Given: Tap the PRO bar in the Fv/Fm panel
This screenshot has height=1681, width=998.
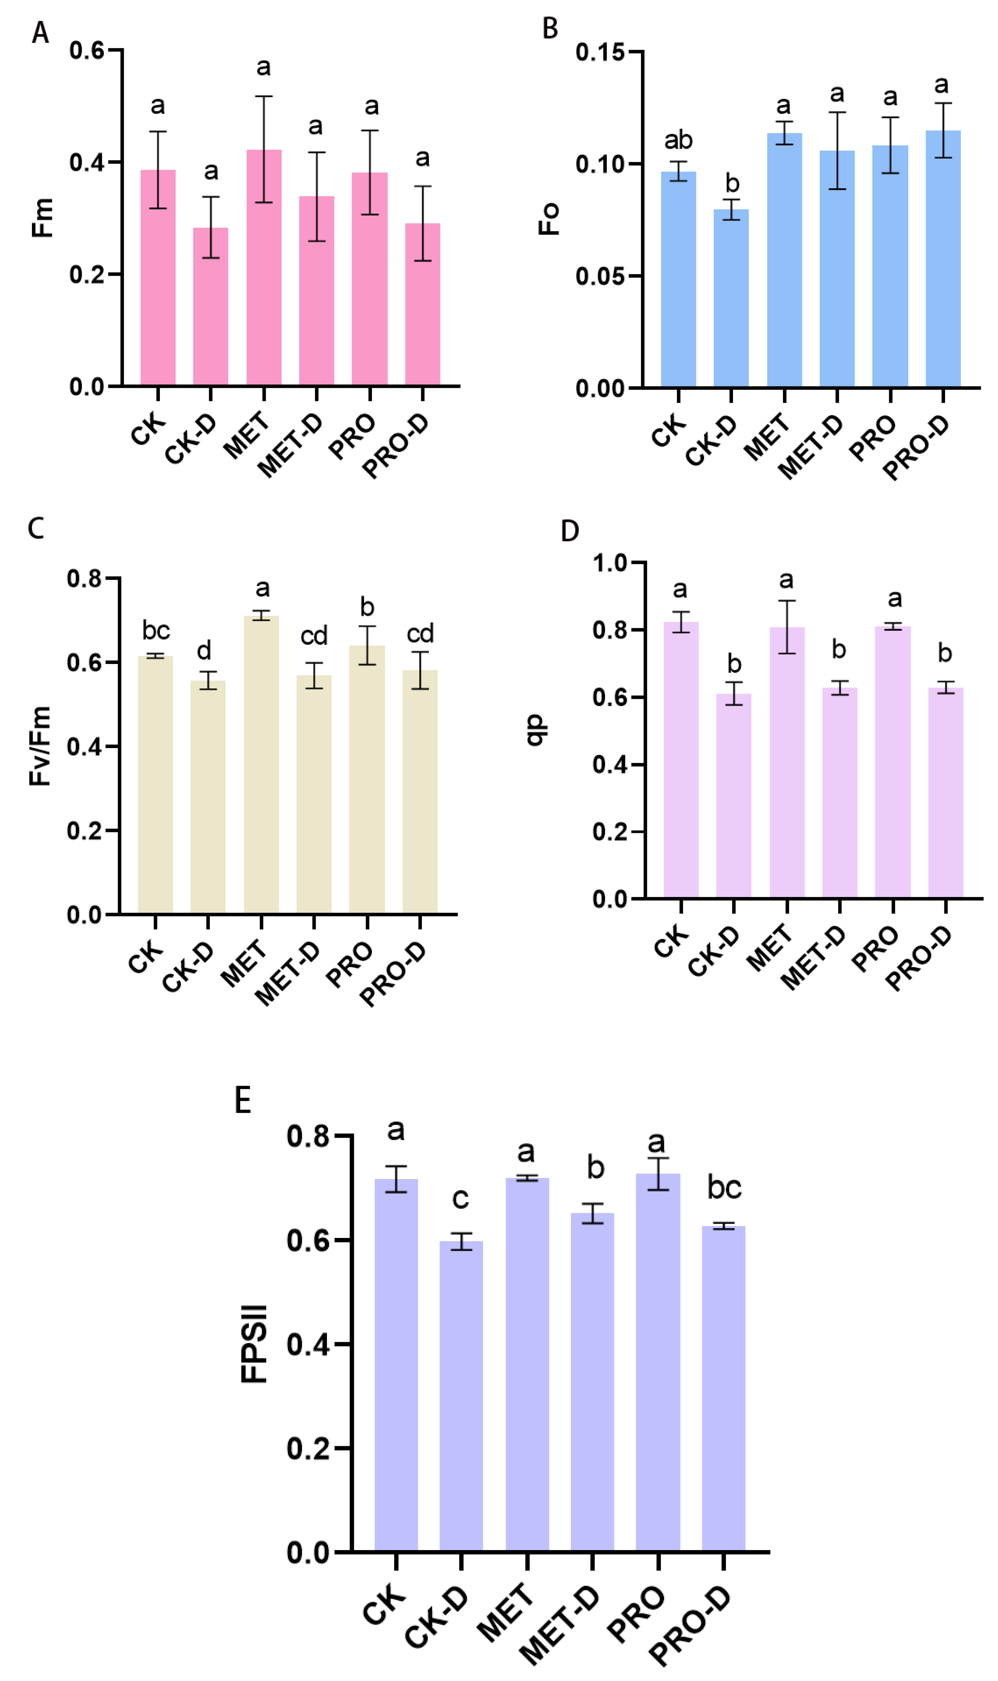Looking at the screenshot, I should click(x=367, y=779).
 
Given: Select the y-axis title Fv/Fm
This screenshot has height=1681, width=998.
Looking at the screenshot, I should click(x=41, y=746).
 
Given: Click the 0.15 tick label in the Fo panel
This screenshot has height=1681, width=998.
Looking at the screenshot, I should click(x=600, y=53).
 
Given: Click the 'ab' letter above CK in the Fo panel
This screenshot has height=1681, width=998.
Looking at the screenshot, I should click(x=678, y=140).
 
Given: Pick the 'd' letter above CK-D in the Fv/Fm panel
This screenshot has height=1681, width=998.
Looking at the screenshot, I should click(x=204, y=650).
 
